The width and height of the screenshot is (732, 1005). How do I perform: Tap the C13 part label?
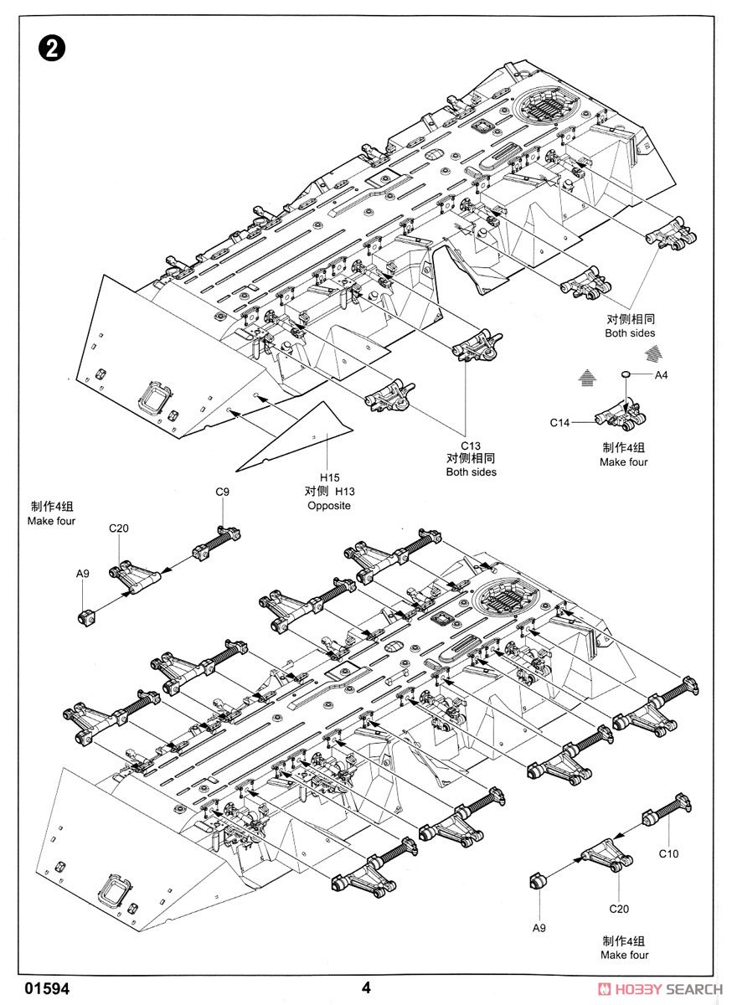point(471,445)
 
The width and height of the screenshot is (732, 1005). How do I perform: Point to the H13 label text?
point(346,492)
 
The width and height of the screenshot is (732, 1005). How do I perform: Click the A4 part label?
point(661,374)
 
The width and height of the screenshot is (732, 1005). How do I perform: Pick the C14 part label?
point(560,423)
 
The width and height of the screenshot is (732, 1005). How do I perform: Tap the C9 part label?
point(222,492)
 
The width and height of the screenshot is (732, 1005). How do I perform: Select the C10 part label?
point(668,854)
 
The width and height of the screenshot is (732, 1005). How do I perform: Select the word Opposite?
point(327,506)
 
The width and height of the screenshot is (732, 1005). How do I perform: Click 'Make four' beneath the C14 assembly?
point(623,462)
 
